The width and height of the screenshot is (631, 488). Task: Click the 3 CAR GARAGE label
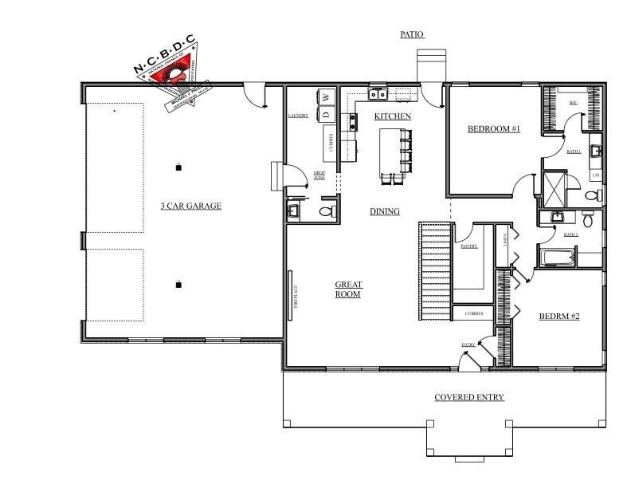pos(190,206)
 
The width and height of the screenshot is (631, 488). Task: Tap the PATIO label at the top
pos(412,34)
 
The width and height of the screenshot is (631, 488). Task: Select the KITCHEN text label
pos(393,116)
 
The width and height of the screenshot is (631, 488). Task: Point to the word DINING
pos(385,211)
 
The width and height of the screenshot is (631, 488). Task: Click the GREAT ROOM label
pos(348,289)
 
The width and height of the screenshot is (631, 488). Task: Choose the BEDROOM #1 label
pos(493,128)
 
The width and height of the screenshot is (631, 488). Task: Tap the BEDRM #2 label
pos(559,317)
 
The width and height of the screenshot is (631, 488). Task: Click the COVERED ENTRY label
pos(468,397)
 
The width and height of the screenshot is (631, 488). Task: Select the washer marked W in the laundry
pos(326,97)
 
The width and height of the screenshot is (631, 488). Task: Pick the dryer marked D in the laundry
pos(326,114)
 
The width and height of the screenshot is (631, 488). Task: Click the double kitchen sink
pos(378,95)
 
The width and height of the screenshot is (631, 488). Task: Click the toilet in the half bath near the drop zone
pos(325,211)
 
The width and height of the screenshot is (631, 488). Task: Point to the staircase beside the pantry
pos(435,271)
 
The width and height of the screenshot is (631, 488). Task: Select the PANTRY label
pos(468,246)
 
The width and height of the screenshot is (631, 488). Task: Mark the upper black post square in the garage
pos(178,167)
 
